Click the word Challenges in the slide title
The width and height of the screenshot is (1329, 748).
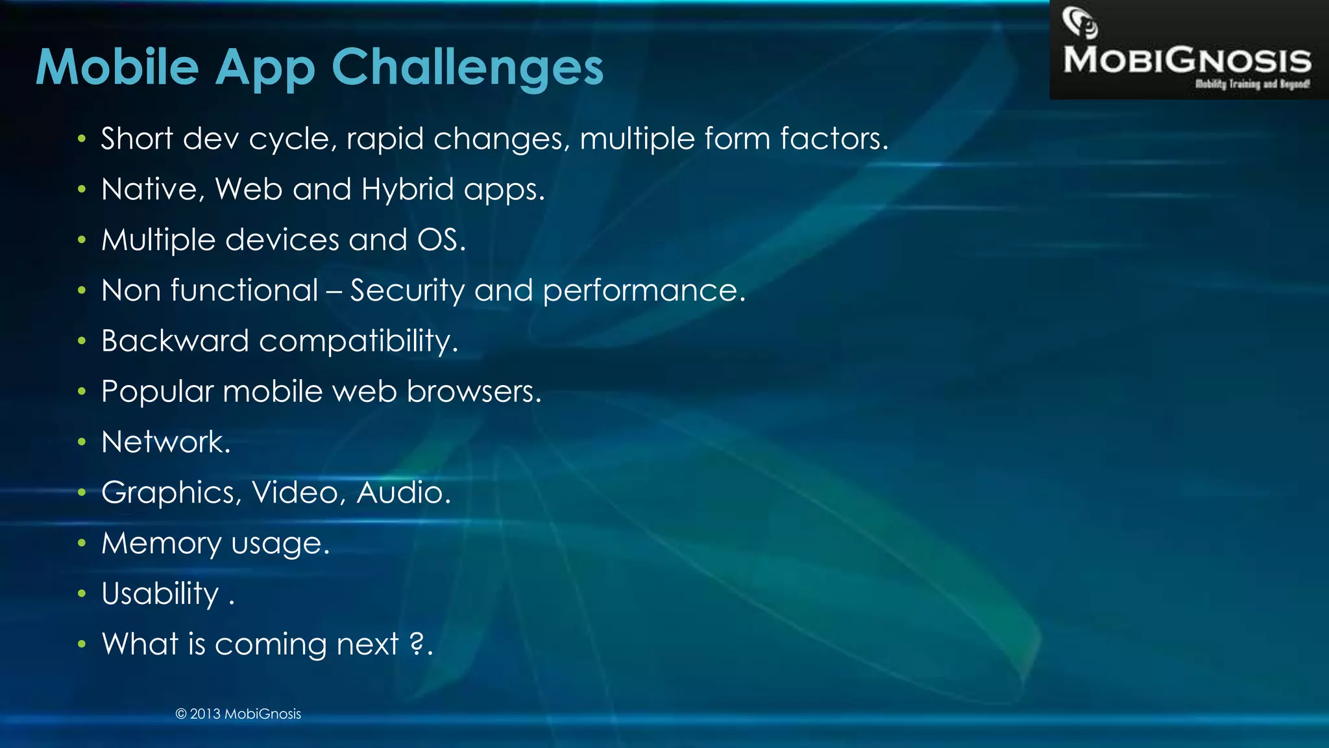467,68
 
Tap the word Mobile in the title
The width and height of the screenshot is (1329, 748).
117,68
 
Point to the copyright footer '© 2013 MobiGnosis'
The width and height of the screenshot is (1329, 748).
238,714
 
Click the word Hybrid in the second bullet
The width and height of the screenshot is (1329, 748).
407,190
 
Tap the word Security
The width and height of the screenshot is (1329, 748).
407,290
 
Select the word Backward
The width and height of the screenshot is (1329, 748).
175,341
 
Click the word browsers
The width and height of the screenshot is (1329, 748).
473,392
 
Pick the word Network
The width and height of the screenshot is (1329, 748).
165,442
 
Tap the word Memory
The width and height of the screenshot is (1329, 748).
161,543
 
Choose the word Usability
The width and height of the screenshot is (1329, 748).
160,594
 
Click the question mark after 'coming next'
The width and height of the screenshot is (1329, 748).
417,643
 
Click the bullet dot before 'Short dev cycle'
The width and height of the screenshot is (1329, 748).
81,138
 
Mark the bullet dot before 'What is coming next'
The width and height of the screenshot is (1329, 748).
81,644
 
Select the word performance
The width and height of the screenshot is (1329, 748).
643,291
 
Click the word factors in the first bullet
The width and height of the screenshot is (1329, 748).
833,139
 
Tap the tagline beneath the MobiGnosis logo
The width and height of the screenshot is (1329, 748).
1252,84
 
